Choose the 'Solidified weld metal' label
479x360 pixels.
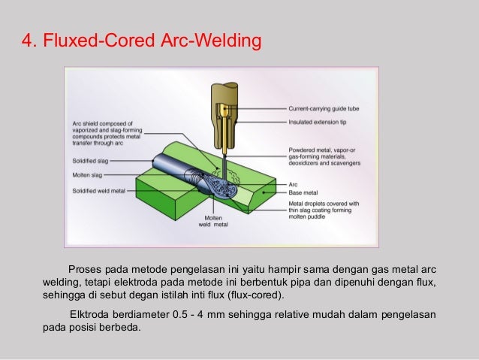click(x=98, y=191)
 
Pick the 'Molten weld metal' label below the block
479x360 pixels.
click(x=212, y=221)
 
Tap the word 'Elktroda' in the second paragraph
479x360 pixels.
click(x=89, y=314)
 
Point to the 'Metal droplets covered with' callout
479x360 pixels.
click(x=324, y=203)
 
